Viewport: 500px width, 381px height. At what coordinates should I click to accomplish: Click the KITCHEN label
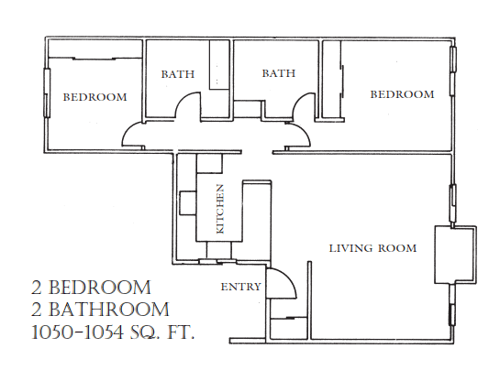click(x=220, y=209)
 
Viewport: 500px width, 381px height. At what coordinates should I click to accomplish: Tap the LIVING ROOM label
click(x=372, y=248)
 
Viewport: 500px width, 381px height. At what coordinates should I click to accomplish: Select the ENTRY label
click(x=240, y=287)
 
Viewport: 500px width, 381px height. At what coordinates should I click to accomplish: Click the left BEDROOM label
click(x=95, y=97)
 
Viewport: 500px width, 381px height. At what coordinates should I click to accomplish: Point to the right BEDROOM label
click(x=402, y=94)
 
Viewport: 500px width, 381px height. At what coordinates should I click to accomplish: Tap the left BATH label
click(x=178, y=74)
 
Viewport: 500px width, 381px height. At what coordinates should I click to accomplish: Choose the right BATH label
click(x=278, y=73)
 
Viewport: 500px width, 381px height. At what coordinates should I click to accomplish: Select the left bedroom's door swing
click(x=127, y=130)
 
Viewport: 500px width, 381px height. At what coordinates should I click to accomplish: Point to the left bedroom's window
click(x=47, y=93)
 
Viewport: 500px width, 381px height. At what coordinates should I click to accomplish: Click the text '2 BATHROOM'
click(x=100, y=310)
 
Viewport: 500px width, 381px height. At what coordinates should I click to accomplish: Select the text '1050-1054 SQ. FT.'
click(x=113, y=333)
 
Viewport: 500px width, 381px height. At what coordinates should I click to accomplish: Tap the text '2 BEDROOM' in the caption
click(x=91, y=287)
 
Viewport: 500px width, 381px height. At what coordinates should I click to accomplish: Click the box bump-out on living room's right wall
click(x=456, y=255)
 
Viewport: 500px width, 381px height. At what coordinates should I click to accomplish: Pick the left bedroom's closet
click(x=94, y=49)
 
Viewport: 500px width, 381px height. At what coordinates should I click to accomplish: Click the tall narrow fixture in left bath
click(x=219, y=65)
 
